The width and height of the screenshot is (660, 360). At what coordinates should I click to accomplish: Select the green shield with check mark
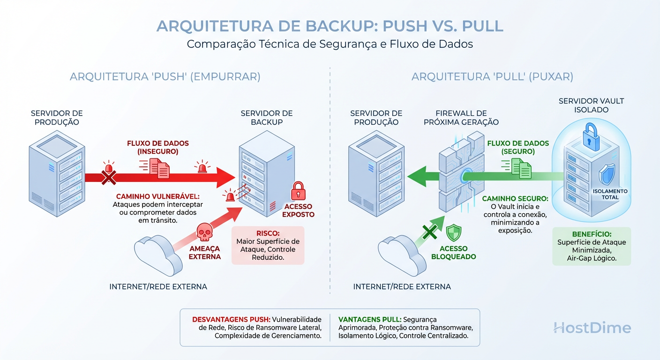pyautogui.click(x=453, y=233)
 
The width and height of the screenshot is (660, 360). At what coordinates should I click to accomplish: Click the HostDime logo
pyautogui.click(x=592, y=328)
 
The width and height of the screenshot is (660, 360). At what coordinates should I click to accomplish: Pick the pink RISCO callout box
pyautogui.click(x=268, y=246)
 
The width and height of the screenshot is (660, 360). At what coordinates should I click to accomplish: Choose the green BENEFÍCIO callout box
pyautogui.click(x=592, y=246)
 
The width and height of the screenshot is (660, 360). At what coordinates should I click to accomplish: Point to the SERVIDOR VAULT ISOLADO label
pyautogui.click(x=591, y=105)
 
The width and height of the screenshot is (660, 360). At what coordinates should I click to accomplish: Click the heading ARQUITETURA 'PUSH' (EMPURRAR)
pyautogui.click(x=165, y=76)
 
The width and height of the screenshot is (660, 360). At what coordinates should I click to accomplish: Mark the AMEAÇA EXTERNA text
pyautogui.click(x=205, y=253)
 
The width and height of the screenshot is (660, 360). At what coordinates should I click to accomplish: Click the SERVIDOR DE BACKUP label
pyautogui.click(x=266, y=118)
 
